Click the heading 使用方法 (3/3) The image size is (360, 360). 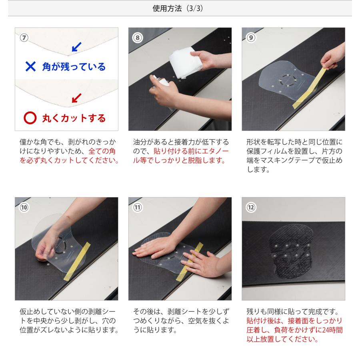180,8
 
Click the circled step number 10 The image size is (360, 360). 24,207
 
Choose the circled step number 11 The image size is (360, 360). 138,207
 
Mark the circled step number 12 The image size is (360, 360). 251,207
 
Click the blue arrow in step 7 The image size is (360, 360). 76,47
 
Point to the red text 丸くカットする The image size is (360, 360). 74,118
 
